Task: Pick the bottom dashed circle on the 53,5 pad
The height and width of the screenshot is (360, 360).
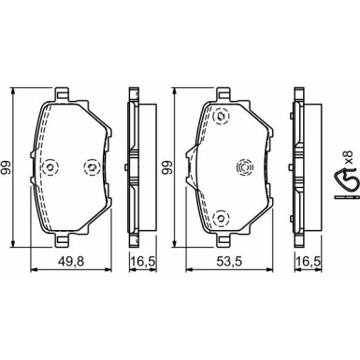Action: [x=222, y=218]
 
